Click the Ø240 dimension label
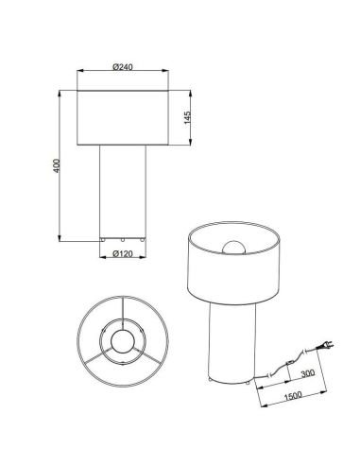tap(121, 66)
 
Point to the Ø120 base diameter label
tap(121, 254)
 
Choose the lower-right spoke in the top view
tap(145, 358)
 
